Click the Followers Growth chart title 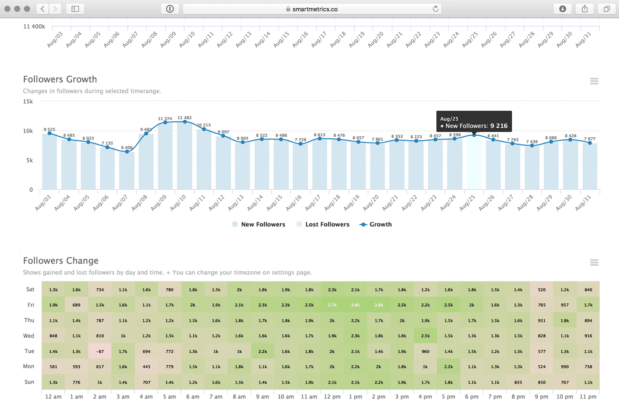(60, 79)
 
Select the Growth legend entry (376, 225)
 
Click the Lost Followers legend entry (323, 225)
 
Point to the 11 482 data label (185, 118)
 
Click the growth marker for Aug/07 (127, 152)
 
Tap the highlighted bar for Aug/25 (474, 163)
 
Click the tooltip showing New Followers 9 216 (474, 121)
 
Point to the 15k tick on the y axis (28, 101)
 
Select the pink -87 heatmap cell (100, 351)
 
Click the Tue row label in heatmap (29, 351)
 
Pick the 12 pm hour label (332, 396)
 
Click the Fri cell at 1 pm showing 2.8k (355, 305)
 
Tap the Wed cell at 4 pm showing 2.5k (425, 336)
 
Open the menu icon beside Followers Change (594, 263)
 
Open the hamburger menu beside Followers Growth (594, 81)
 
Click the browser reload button (435, 9)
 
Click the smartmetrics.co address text (315, 9)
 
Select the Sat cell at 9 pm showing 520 (542, 290)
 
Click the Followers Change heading (61, 261)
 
